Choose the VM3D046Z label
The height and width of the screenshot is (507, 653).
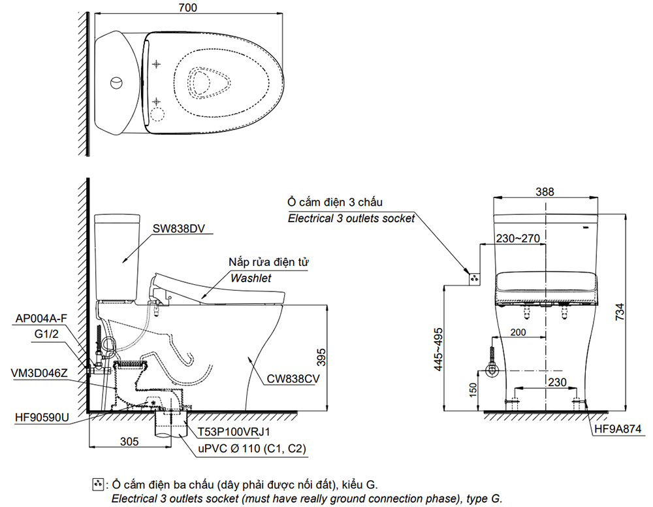pos(40,372)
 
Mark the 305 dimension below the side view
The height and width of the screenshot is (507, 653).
pos(129,442)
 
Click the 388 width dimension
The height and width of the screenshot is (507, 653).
pos(545,191)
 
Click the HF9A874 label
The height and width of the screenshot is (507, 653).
pos(618,429)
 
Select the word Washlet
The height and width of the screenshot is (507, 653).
pos(249,278)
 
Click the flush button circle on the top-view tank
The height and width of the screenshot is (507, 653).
pos(115,83)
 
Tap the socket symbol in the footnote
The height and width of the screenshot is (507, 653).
pos(99,484)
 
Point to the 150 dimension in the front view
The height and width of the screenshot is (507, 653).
pos(474,390)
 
